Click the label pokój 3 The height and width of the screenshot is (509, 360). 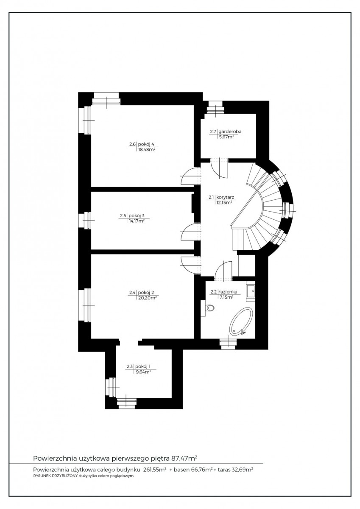pos(137,215)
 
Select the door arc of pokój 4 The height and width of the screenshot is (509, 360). pos(190,176)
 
